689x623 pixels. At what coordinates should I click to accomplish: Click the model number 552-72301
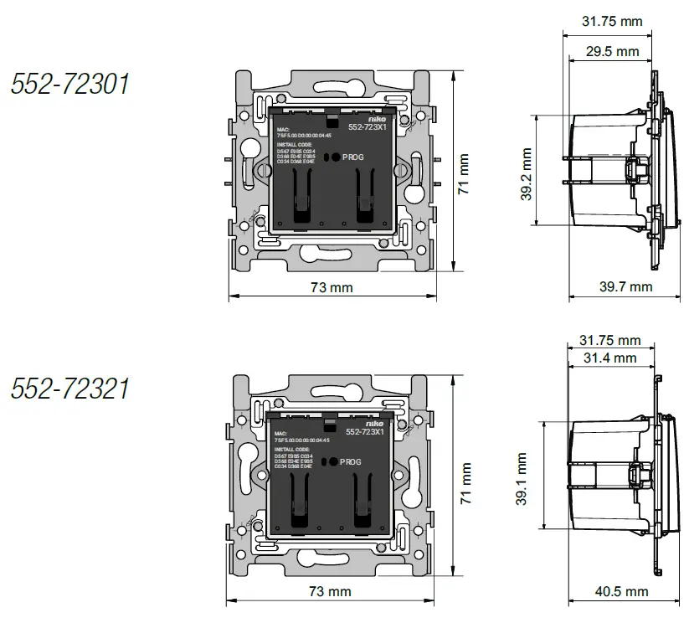click(69, 83)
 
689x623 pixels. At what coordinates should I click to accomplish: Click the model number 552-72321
click(69, 388)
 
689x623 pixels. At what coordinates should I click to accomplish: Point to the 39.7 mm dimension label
click(625, 286)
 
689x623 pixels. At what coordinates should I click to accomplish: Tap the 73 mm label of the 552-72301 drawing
click(332, 287)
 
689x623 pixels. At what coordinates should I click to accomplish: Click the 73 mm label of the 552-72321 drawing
click(330, 592)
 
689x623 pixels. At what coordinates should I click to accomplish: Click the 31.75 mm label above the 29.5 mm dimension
click(612, 21)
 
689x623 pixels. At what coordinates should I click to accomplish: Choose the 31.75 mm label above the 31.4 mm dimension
click(609, 340)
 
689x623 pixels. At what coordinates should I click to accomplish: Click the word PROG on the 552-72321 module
click(351, 461)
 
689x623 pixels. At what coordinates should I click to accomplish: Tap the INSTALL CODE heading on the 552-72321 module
click(294, 450)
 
